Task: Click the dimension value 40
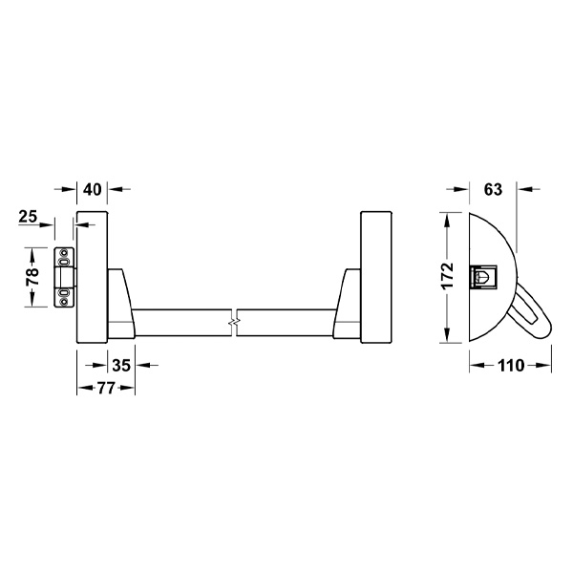(92, 190)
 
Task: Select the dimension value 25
(28, 217)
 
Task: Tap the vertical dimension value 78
(32, 277)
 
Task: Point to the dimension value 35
(121, 365)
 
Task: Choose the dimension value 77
(106, 388)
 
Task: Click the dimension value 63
(493, 190)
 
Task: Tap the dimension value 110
(511, 366)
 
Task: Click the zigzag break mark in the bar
(234, 323)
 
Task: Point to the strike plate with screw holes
(65, 277)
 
